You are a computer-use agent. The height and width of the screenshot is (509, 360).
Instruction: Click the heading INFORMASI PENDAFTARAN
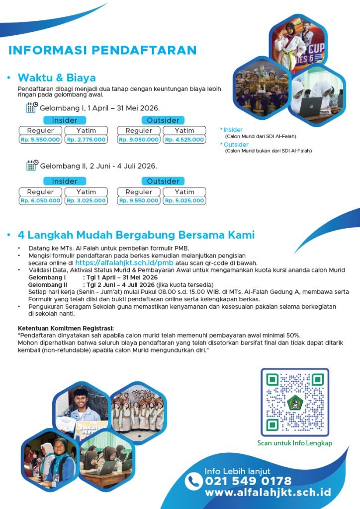(102, 50)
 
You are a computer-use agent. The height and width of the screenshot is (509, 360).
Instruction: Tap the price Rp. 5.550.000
(40, 140)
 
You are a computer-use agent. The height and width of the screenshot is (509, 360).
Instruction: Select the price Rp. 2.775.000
(86, 140)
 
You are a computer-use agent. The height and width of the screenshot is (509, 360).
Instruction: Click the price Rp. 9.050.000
(139, 140)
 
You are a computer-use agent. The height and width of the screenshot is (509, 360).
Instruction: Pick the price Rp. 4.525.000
(184, 140)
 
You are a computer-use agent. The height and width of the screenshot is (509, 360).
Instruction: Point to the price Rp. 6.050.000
(40, 201)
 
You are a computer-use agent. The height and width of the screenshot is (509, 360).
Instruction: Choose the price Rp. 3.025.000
(86, 201)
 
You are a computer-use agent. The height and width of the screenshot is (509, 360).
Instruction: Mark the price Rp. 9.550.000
(139, 201)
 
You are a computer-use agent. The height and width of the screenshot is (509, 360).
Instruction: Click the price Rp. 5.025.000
(184, 201)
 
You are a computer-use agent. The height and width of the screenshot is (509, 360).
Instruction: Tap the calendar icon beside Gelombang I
(32, 107)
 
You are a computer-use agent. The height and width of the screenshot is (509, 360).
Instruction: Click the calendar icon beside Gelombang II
(32, 166)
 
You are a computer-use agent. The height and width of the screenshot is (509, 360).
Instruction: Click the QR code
(295, 402)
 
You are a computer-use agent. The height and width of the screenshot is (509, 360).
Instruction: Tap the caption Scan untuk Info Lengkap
(295, 443)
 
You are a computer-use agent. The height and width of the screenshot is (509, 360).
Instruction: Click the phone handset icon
(193, 481)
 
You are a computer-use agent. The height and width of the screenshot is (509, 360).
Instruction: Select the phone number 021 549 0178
(248, 481)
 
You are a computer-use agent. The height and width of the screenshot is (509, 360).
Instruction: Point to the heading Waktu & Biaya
(57, 78)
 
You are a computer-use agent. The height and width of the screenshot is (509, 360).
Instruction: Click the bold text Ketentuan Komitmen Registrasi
(66, 329)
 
